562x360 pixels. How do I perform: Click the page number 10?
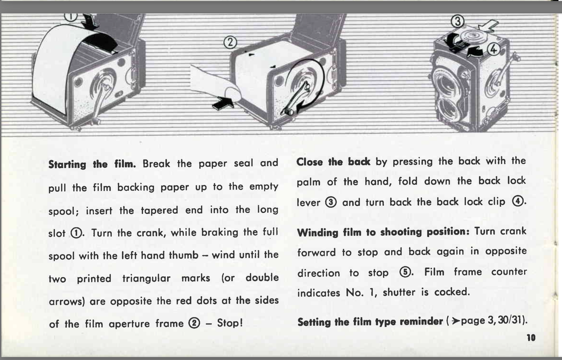531,337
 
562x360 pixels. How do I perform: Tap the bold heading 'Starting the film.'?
92,164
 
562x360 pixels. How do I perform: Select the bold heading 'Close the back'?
333,162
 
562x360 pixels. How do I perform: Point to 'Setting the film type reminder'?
370,322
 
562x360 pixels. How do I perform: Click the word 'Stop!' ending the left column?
230,323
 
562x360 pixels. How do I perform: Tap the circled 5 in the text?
405,272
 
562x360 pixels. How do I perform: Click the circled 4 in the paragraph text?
517,201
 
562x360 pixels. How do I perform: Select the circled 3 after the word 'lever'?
331,202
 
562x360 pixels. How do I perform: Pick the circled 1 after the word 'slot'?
76,234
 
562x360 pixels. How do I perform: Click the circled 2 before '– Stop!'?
195,323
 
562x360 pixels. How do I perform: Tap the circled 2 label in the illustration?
230,42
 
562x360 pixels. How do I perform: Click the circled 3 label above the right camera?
458,21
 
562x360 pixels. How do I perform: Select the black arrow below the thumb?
222,104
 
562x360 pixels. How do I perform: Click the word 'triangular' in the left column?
146,278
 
